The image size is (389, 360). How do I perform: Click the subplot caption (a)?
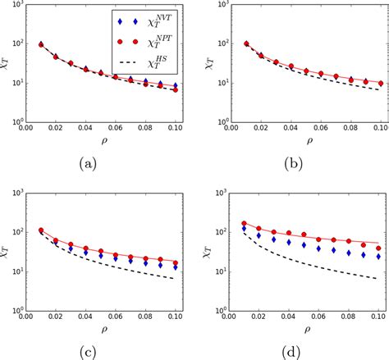(x=89, y=162)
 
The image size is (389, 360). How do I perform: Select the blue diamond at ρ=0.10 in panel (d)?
(x=378, y=257)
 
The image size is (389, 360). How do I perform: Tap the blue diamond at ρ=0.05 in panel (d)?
(x=304, y=244)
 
